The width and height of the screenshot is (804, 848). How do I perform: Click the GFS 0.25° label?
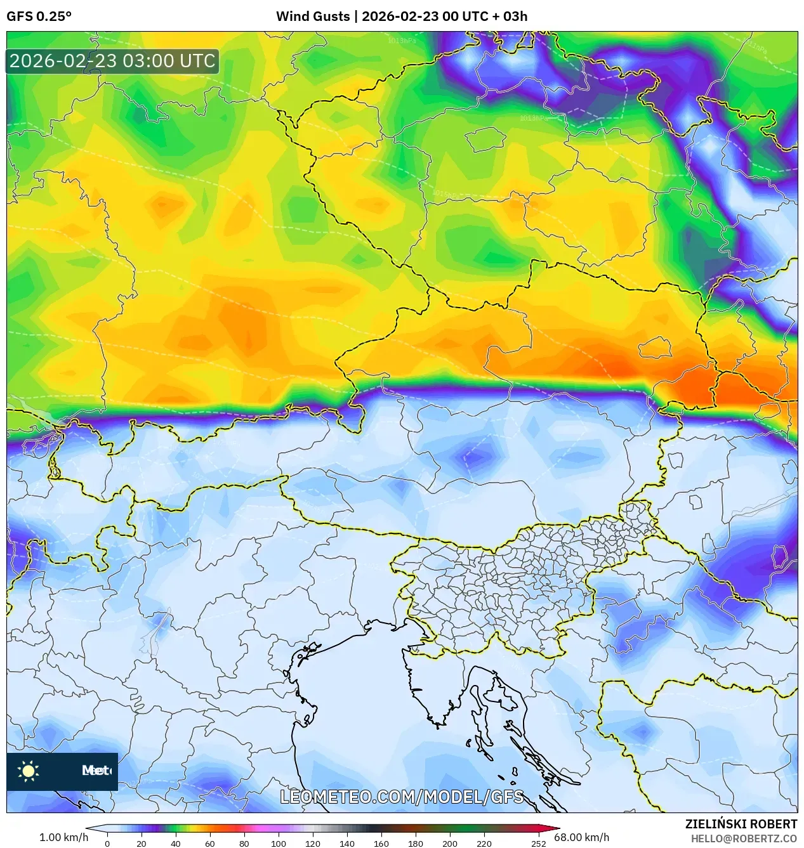point(39,16)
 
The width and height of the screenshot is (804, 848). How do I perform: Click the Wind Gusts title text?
point(401,16)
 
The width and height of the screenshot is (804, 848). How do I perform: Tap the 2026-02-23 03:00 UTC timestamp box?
point(112,62)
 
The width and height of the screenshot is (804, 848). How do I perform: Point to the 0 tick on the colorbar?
point(107,843)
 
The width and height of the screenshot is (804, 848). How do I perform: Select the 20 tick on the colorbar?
point(141,843)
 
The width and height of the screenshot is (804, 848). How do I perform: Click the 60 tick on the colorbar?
point(209,843)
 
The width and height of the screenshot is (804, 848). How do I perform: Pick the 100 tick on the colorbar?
point(278,843)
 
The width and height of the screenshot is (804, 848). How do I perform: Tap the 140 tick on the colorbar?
point(346,843)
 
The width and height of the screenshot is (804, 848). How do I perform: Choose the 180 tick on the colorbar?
point(415,843)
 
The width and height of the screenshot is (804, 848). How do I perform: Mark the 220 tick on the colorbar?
point(484,843)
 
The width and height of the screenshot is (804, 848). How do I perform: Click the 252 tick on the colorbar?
point(538,843)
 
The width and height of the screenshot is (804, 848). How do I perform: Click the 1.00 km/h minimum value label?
point(63,837)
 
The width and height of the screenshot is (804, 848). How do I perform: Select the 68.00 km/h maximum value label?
point(581,837)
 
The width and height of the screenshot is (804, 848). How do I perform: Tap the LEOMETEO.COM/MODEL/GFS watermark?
point(402,797)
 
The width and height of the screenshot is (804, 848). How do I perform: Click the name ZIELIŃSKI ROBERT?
point(741,824)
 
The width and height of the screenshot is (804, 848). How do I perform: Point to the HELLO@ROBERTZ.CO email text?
point(744,838)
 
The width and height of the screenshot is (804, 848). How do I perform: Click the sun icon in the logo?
point(29,771)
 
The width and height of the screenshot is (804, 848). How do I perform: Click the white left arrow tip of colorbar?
point(89,828)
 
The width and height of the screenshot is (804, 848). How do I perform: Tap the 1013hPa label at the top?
point(402,41)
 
